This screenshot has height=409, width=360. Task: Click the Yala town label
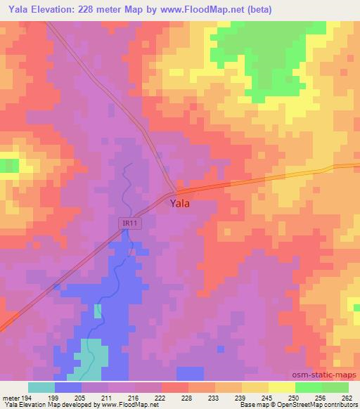[181, 204]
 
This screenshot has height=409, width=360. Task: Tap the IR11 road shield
[127, 223]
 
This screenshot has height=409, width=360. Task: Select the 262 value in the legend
[348, 397]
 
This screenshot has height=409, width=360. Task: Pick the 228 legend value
[175, 397]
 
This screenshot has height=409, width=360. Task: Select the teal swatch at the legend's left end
[41, 387]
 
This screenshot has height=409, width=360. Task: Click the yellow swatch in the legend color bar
[281, 387]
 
